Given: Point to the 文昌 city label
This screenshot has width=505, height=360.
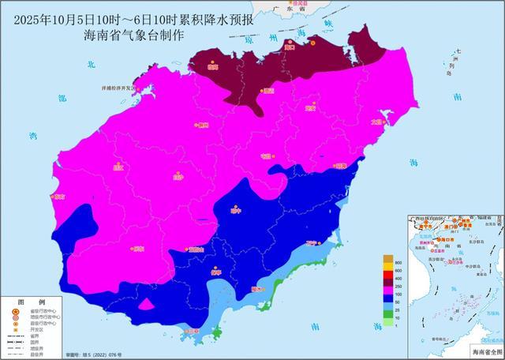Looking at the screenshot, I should (x=376, y=121).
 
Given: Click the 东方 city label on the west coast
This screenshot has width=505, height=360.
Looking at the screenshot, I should (x=57, y=197).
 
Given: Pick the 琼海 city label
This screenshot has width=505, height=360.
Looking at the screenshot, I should (x=340, y=166).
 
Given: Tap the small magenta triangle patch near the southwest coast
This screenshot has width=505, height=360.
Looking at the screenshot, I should (x=146, y=304).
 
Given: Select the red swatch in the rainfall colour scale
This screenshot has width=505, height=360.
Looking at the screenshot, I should (x=387, y=276).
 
